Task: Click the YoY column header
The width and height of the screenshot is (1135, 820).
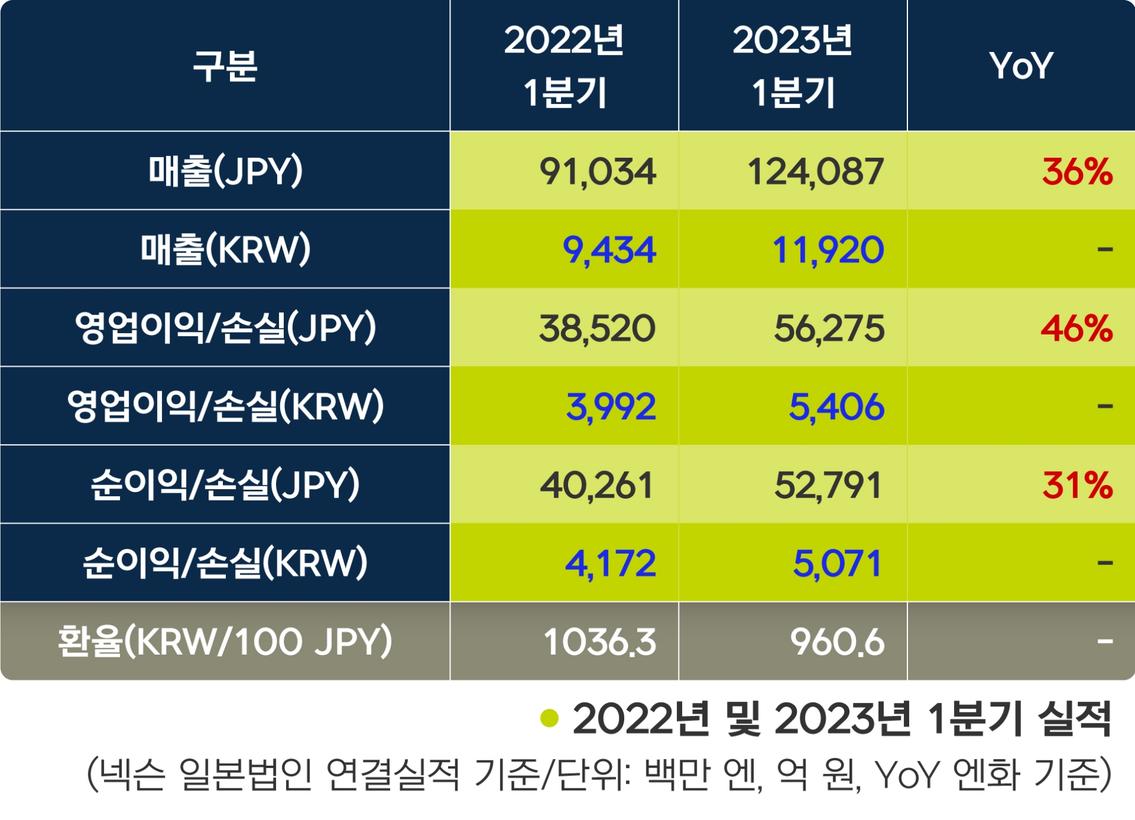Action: (1021, 66)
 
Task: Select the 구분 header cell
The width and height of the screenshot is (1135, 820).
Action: (225, 66)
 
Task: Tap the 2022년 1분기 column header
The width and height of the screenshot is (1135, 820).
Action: (564, 66)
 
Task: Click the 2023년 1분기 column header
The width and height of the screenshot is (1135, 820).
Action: (793, 66)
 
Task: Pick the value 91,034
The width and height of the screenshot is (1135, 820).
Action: (597, 172)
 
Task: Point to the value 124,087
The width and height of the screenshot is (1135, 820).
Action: (815, 172)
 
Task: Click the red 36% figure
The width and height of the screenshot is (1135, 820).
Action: (1077, 172)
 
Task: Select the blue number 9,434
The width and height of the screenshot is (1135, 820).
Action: (609, 250)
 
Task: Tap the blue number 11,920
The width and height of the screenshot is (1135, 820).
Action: (828, 250)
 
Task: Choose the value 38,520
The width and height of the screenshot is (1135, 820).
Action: (597, 328)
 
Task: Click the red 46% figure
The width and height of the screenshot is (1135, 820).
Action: (1076, 328)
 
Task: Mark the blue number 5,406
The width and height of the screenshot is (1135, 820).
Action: (836, 407)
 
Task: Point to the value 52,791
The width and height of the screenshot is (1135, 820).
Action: (828, 485)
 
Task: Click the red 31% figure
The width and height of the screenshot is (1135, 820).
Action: (1078, 485)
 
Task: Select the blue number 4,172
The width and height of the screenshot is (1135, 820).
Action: (611, 563)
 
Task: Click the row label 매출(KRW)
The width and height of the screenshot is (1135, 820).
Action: (225, 250)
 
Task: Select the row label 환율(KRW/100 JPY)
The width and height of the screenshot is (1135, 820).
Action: (225, 641)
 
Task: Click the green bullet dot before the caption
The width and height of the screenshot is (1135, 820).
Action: (549, 718)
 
